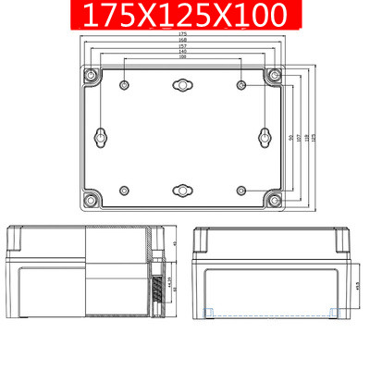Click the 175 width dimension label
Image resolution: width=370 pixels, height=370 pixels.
click(x=181, y=34)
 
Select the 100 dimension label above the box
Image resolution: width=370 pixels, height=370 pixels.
click(x=181, y=56)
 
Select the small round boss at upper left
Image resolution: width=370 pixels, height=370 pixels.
click(x=122, y=86)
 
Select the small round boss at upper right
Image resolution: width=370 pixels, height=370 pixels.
click(x=240, y=86)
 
